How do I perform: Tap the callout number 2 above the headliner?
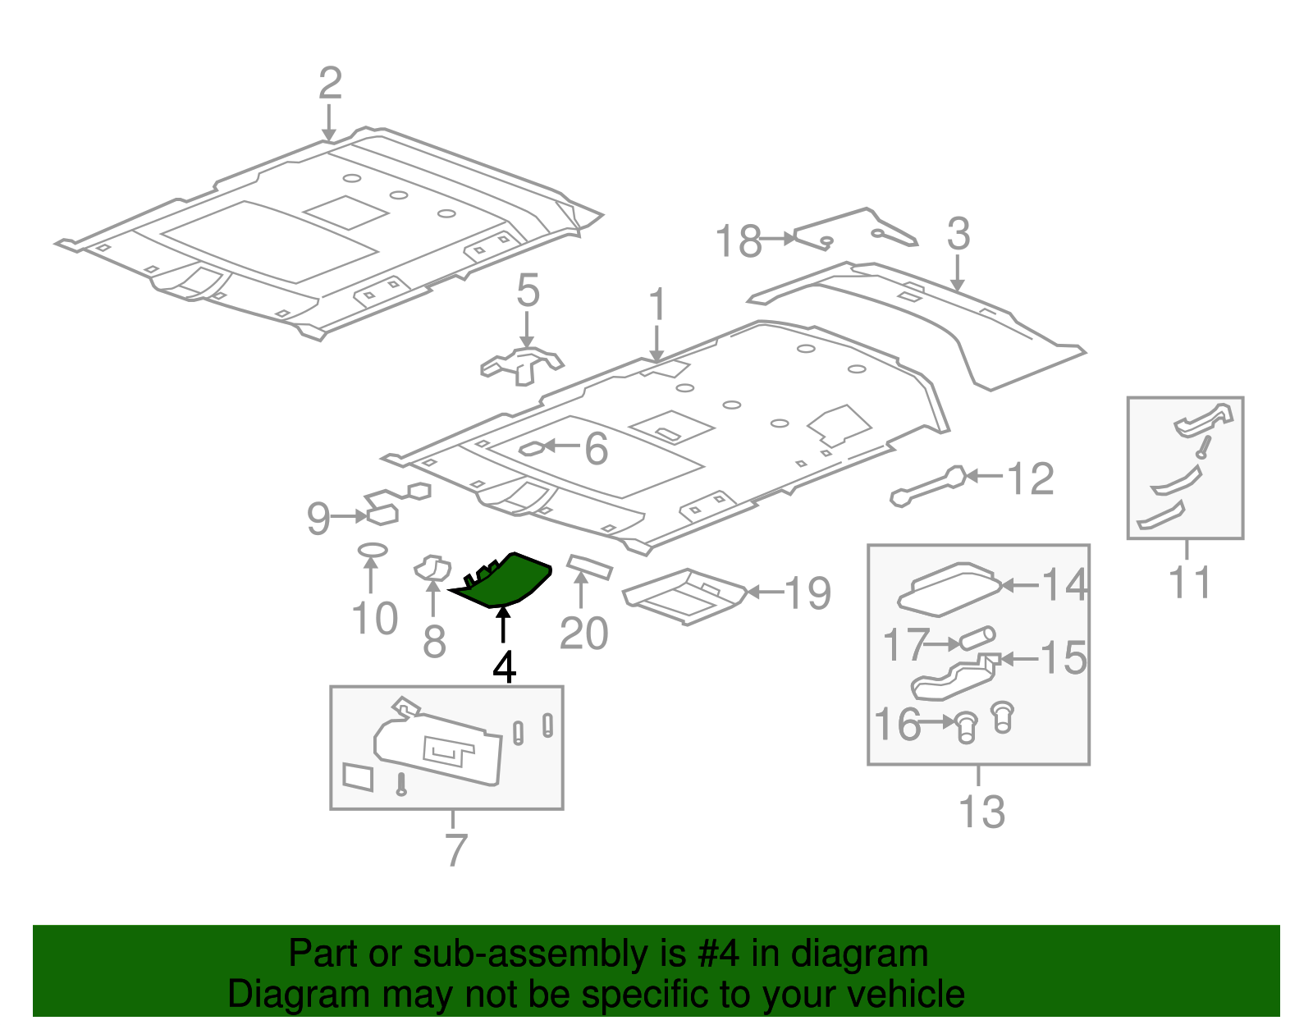tap(329, 84)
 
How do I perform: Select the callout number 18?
tap(738, 242)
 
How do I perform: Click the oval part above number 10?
tap(373, 549)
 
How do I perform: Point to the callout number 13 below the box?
tap(981, 812)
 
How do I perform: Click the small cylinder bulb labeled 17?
tap(977, 638)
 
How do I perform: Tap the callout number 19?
tap(807, 593)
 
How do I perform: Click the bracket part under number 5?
tap(522, 364)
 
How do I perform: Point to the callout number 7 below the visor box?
tap(456, 850)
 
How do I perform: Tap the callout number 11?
tap(1189, 583)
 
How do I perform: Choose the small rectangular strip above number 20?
tap(590, 565)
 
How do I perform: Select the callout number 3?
tap(958, 235)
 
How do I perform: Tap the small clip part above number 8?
tap(432, 567)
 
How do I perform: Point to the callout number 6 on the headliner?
tap(596, 449)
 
